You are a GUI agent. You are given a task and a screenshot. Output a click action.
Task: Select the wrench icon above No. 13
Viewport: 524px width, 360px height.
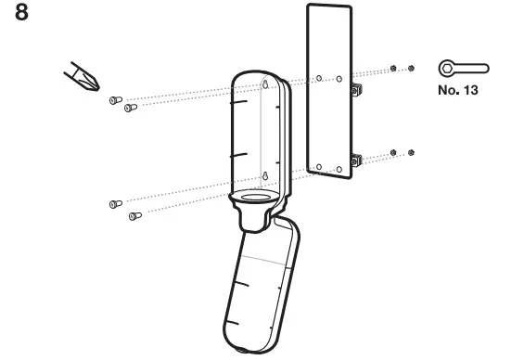[x=463, y=69]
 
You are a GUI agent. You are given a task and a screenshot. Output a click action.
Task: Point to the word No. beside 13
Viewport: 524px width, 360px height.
[x=449, y=92]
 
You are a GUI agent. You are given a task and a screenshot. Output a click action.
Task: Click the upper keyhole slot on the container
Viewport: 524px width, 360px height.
[x=266, y=85]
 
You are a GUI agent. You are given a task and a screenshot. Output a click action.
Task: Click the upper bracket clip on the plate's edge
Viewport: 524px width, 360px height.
[x=355, y=89]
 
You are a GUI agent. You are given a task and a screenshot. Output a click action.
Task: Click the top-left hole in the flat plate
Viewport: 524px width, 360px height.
[x=318, y=78]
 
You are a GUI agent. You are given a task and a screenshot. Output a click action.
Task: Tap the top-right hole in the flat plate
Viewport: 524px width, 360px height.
[x=339, y=78]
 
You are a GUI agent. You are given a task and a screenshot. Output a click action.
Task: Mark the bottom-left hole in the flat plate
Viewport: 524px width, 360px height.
[x=318, y=167]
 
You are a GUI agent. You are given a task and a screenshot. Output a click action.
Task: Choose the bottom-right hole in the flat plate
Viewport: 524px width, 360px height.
[x=339, y=168]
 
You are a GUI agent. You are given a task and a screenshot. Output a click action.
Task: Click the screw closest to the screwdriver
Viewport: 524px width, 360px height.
[x=115, y=99]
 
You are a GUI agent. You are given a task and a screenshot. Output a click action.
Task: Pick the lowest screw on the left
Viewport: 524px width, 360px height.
[x=134, y=216]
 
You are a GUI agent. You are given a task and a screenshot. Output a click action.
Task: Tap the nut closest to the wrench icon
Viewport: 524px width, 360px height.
[x=411, y=69]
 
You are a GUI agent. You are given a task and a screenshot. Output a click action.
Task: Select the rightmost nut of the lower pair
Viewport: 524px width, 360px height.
[x=411, y=152]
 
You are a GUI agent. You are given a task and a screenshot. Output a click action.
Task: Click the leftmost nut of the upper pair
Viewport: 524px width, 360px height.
[x=395, y=69]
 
